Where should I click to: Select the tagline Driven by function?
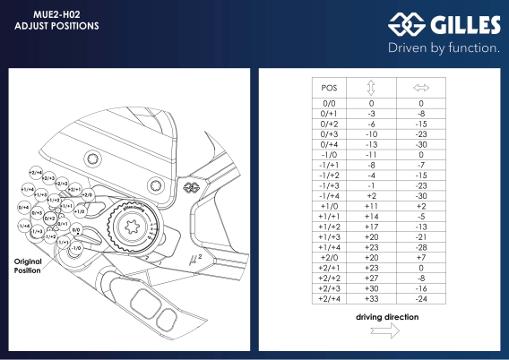pos(443,47)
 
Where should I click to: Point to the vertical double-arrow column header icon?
pos(370,88)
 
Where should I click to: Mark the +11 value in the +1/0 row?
pos(370,205)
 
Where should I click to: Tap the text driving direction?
pos(388,317)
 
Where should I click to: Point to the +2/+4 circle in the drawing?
pos(37,172)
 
